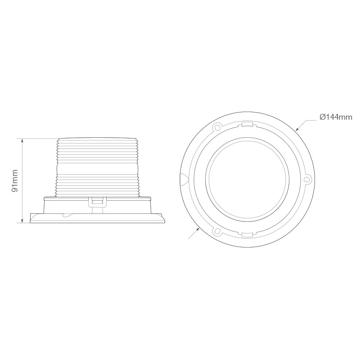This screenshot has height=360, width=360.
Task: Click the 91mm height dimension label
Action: tap(15, 180)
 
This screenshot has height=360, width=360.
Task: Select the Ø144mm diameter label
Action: tap(335, 117)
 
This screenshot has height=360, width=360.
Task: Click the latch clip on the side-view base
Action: tap(97, 202)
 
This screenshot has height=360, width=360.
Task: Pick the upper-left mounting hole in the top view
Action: tap(217, 127)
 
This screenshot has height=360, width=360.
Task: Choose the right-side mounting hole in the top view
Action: tap(307, 180)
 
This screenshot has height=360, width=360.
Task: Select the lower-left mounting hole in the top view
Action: tap(217, 232)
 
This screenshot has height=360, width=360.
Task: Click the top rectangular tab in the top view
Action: tap(246, 124)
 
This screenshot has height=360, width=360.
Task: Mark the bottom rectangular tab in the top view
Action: tap(246, 235)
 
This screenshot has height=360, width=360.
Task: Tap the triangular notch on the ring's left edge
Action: tap(182, 180)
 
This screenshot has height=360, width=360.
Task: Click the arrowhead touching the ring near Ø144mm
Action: tap(297, 129)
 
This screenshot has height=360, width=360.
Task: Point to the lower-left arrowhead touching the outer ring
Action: tap(198, 230)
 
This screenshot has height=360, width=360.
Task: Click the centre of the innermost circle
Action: tap(246, 180)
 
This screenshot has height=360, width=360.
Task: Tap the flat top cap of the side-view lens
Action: tap(97, 139)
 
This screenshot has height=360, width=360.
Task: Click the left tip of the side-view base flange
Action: tap(30, 220)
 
